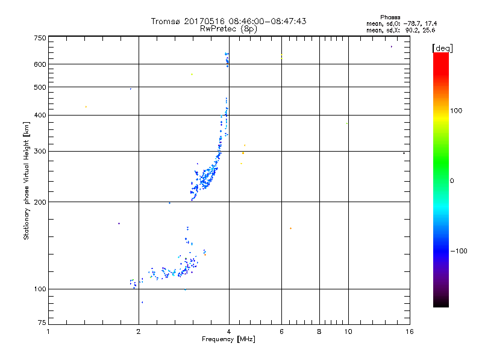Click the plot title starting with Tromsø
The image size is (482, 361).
[229, 21]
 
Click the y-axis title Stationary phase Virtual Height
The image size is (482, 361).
[27, 181]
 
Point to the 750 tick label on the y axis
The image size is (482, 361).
[39, 38]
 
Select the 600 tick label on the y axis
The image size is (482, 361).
[39, 64]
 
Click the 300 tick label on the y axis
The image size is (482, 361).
[39, 151]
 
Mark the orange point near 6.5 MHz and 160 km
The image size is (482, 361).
[290, 229]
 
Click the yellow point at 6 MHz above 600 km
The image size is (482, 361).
[281, 55]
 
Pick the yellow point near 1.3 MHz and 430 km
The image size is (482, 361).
[86, 107]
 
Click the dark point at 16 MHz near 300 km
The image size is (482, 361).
[404, 153]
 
